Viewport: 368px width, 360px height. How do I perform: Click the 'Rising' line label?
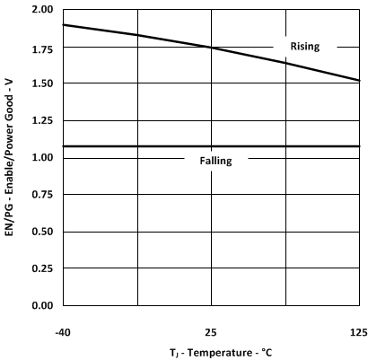click(306, 46)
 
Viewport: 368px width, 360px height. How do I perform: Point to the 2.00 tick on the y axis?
click(39, 10)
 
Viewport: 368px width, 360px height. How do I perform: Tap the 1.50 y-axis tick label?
click(39, 83)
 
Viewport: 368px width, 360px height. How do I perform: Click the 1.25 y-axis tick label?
click(39, 121)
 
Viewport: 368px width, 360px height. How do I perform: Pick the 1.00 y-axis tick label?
click(39, 158)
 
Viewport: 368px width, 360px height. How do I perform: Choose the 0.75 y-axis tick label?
click(39, 195)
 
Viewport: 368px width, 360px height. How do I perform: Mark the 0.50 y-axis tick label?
click(39, 233)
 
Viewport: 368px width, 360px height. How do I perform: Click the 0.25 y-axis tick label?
click(39, 269)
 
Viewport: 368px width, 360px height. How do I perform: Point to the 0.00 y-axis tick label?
click(39, 306)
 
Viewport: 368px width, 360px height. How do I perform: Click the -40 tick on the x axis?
click(63, 331)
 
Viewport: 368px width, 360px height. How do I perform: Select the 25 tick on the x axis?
click(211, 331)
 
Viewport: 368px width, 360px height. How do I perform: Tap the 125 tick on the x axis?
click(358, 331)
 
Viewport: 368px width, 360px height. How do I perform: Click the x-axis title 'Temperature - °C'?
click(211, 352)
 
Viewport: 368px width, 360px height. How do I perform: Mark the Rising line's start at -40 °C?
click(63, 24)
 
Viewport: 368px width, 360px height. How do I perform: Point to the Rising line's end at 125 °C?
click(359, 81)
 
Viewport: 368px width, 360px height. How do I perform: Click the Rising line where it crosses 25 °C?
click(211, 47)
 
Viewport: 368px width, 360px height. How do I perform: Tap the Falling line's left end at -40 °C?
click(63, 146)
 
